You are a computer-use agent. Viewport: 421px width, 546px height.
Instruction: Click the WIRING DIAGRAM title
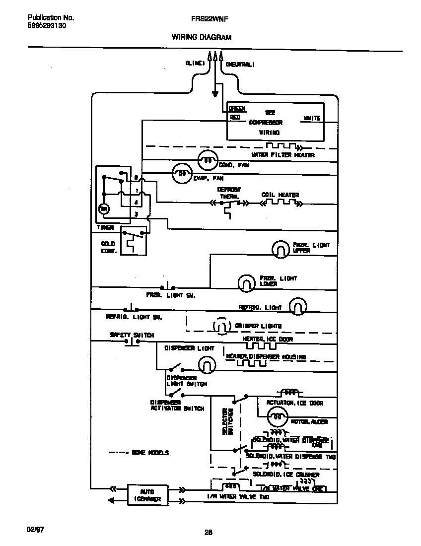point(201,37)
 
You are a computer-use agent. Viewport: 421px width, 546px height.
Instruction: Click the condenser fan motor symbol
point(207,160)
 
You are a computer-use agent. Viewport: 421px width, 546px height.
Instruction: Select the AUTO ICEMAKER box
point(147,495)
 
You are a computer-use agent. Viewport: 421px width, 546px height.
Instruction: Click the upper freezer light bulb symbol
point(281,248)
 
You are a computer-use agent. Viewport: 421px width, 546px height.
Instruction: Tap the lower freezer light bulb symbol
point(246,282)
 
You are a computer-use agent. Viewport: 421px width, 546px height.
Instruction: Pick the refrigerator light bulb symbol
point(297,307)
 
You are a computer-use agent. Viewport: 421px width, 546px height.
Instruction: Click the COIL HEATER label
point(280,195)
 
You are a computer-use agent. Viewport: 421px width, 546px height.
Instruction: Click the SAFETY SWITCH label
point(132,335)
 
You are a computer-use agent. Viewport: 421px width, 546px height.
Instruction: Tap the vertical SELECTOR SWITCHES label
point(227,421)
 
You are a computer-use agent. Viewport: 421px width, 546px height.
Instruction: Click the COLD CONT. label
point(108,247)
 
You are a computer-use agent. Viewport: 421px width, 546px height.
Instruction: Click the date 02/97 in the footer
point(35,530)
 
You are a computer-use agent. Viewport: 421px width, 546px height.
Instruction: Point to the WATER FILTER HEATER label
point(282,155)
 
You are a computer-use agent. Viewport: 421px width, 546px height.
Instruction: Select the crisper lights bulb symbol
point(221,326)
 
